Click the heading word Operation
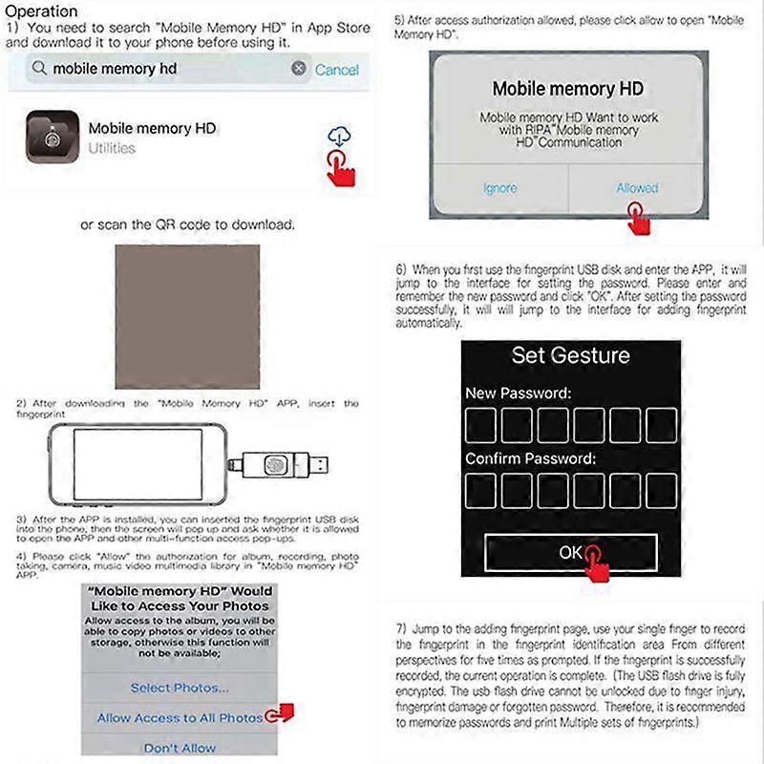pyautogui.click(x=43, y=11)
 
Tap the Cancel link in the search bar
pyautogui.click(x=336, y=70)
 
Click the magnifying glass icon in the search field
pyautogui.click(x=39, y=69)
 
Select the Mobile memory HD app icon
pyautogui.click(x=52, y=138)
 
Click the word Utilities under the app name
pyautogui.click(x=112, y=149)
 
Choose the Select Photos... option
pyautogui.click(x=180, y=688)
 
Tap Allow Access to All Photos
pyautogui.click(x=180, y=718)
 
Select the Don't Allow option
pyautogui.click(x=180, y=748)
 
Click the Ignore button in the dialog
pyautogui.click(x=499, y=188)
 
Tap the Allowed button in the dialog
pyautogui.click(x=637, y=188)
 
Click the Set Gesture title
pyautogui.click(x=570, y=356)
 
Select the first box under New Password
pyautogui.click(x=481, y=425)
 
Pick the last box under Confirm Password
pyautogui.click(x=661, y=490)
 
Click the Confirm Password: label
pyautogui.click(x=529, y=459)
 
